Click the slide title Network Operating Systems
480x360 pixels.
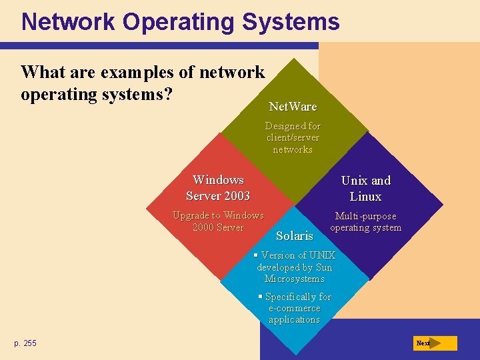pos(180,22)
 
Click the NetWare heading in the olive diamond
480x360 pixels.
pos(293,107)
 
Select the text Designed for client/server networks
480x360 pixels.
pos(293,137)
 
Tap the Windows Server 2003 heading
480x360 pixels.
pos(218,188)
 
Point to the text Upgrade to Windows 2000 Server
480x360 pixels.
pos(218,221)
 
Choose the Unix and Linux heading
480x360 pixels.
pos(366,189)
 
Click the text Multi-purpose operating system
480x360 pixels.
pos(366,222)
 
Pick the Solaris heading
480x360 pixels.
pos(294,236)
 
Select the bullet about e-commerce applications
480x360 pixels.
pos(295,308)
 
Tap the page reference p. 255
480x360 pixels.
pos(25,343)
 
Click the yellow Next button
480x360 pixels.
pos(434,343)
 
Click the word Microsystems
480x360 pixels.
pos(294,279)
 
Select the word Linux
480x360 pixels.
pos(366,197)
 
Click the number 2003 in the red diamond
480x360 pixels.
pos(237,196)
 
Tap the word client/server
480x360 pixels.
pos(293,137)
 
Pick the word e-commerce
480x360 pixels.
pos(295,308)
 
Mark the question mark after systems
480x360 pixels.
pos(169,94)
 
